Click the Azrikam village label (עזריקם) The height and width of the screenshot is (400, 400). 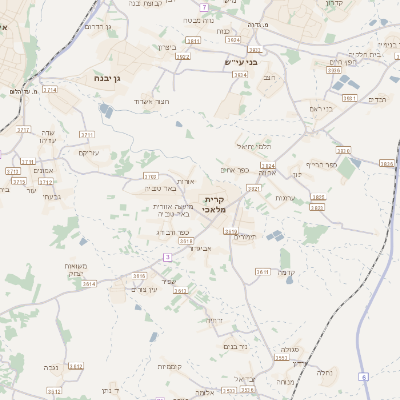tap(92, 153)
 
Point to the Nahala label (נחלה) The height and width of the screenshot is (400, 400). tap(324, 372)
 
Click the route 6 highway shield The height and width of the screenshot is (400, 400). tap(365, 376)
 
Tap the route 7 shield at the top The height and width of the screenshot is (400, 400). tap(204, 7)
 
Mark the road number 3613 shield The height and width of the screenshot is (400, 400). tap(263, 272)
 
